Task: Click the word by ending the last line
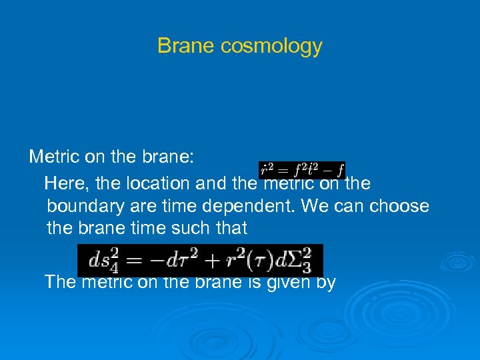click(x=325, y=283)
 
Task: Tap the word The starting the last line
click(x=60, y=282)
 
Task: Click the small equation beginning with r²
click(x=302, y=171)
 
